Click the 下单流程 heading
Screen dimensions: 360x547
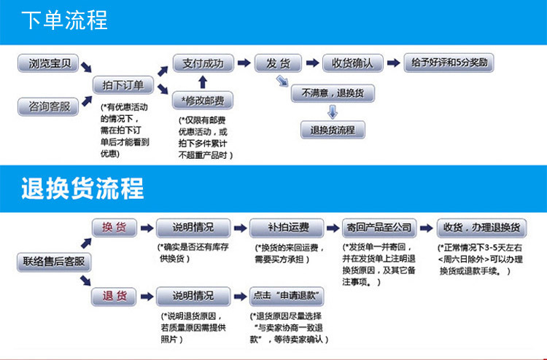[x=64, y=20]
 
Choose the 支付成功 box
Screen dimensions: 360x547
[x=203, y=63]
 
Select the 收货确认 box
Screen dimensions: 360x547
[x=353, y=63]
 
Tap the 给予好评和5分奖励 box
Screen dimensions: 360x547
[x=449, y=63]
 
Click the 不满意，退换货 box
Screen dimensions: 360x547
[x=333, y=93]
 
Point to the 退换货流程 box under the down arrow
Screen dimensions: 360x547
[x=333, y=130]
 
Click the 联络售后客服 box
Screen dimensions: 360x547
[x=47, y=261]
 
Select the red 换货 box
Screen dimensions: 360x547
[x=114, y=227]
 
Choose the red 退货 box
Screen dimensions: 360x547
[x=114, y=296]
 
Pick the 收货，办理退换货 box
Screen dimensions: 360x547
[x=481, y=227]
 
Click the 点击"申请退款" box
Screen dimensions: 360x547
[x=287, y=296]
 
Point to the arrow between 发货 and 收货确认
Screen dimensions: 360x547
[x=311, y=63]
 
